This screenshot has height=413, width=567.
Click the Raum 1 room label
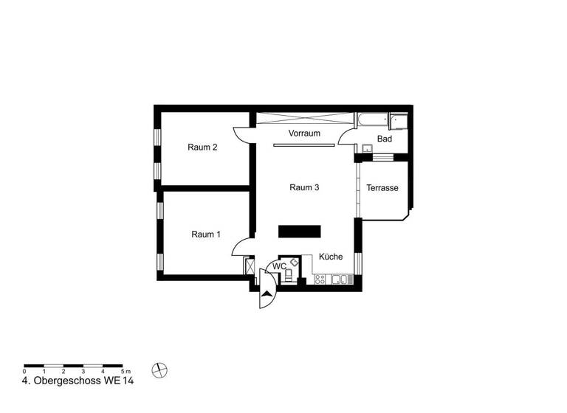(x=206, y=235)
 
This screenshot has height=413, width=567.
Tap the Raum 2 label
(x=202, y=147)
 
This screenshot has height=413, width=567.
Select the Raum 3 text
(x=304, y=187)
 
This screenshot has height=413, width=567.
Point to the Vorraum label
(x=304, y=133)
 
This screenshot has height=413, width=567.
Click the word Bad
(x=385, y=139)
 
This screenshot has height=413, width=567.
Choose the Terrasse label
(x=382, y=188)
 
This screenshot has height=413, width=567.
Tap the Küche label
(x=331, y=257)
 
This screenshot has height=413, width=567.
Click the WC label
(x=279, y=266)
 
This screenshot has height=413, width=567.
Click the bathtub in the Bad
(x=373, y=119)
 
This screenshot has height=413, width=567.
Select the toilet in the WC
(x=289, y=276)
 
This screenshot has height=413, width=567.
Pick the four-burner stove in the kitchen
(x=320, y=279)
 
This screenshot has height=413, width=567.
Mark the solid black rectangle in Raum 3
(x=300, y=231)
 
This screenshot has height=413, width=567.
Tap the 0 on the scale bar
(x=24, y=371)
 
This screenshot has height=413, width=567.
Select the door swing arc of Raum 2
(x=241, y=134)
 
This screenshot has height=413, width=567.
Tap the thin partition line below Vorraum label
(x=304, y=145)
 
